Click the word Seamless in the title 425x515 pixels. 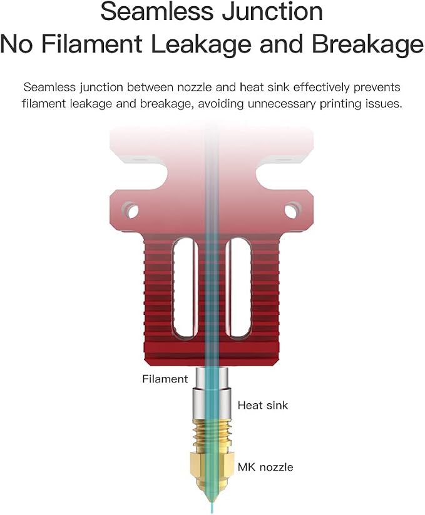pyautogui.click(x=157, y=11)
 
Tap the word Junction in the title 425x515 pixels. pyautogui.click(x=272, y=11)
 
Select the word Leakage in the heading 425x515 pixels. pyautogui.click(x=201, y=44)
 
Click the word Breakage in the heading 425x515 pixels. pyautogui.click(x=367, y=44)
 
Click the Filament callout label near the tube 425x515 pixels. pyautogui.click(x=165, y=379)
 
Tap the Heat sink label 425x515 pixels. pyautogui.click(x=262, y=405)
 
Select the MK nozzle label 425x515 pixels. pyautogui.click(x=265, y=467)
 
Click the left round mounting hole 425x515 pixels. pyautogui.click(x=131, y=211)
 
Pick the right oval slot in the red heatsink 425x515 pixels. pyautogui.click(x=239, y=287)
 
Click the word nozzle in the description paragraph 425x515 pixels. pyautogui.click(x=195, y=87)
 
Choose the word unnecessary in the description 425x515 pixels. pyautogui.click(x=282, y=104)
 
